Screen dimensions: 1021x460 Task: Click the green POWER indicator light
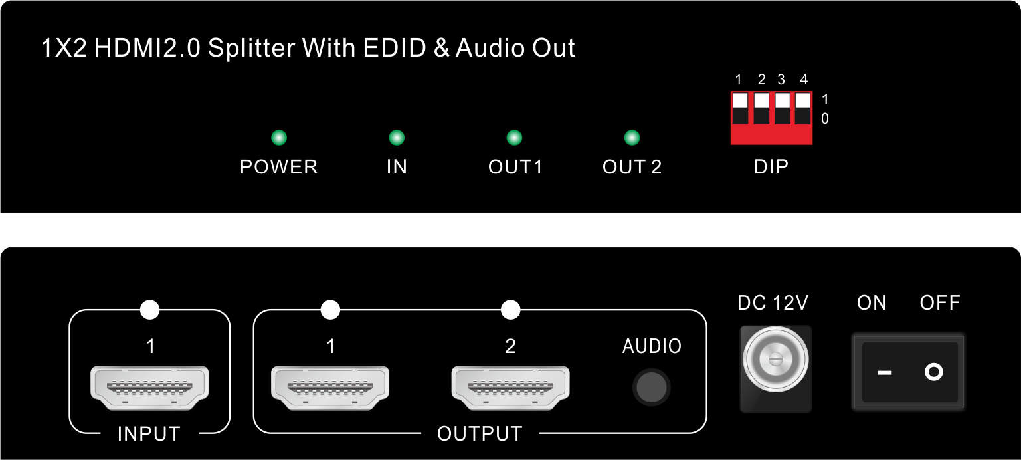click(x=279, y=137)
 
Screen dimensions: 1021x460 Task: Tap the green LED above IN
click(x=397, y=137)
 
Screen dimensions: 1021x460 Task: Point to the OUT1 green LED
click(x=514, y=137)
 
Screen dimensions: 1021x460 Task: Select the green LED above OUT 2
click(x=632, y=137)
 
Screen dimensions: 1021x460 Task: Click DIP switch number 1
click(x=740, y=108)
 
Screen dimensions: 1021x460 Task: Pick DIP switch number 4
click(x=803, y=108)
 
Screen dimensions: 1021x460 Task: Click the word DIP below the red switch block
click(x=771, y=167)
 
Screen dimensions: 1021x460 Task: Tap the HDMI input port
click(x=149, y=388)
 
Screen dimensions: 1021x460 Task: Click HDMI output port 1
click(x=330, y=388)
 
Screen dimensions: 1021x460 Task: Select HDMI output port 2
click(x=510, y=388)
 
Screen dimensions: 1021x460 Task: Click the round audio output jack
click(x=652, y=388)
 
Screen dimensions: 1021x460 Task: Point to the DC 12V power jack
click(x=775, y=360)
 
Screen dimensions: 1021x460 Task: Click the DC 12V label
click(x=773, y=302)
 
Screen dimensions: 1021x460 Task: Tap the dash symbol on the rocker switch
click(x=885, y=373)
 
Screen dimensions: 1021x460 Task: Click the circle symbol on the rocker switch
click(x=934, y=372)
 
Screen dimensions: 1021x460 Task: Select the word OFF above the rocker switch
click(x=940, y=302)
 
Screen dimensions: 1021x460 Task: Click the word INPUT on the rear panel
click(x=149, y=434)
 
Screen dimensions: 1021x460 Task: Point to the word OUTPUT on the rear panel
click(x=480, y=434)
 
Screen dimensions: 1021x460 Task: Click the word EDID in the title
click(x=395, y=48)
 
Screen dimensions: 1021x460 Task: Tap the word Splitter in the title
click(x=252, y=48)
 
